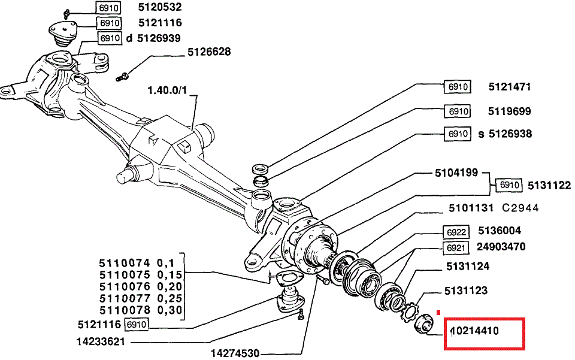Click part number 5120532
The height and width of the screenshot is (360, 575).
(159, 8)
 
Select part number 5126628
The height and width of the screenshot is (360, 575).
(208, 52)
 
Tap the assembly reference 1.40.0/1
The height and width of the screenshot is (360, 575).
(168, 90)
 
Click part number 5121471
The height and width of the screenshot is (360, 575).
(509, 87)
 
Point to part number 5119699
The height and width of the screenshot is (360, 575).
(509, 111)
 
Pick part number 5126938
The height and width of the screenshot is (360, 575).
(510, 134)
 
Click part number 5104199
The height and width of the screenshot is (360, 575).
(456, 173)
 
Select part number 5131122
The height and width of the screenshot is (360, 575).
(549, 186)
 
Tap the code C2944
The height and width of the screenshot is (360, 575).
(520, 208)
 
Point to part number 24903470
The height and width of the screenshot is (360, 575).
(501, 247)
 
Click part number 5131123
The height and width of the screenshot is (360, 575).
(465, 291)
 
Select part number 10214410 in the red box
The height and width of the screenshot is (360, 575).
(474, 331)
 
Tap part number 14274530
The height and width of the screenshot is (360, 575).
(235, 352)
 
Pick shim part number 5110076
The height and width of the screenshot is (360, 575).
(123, 286)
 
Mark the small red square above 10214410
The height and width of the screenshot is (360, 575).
(438, 312)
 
